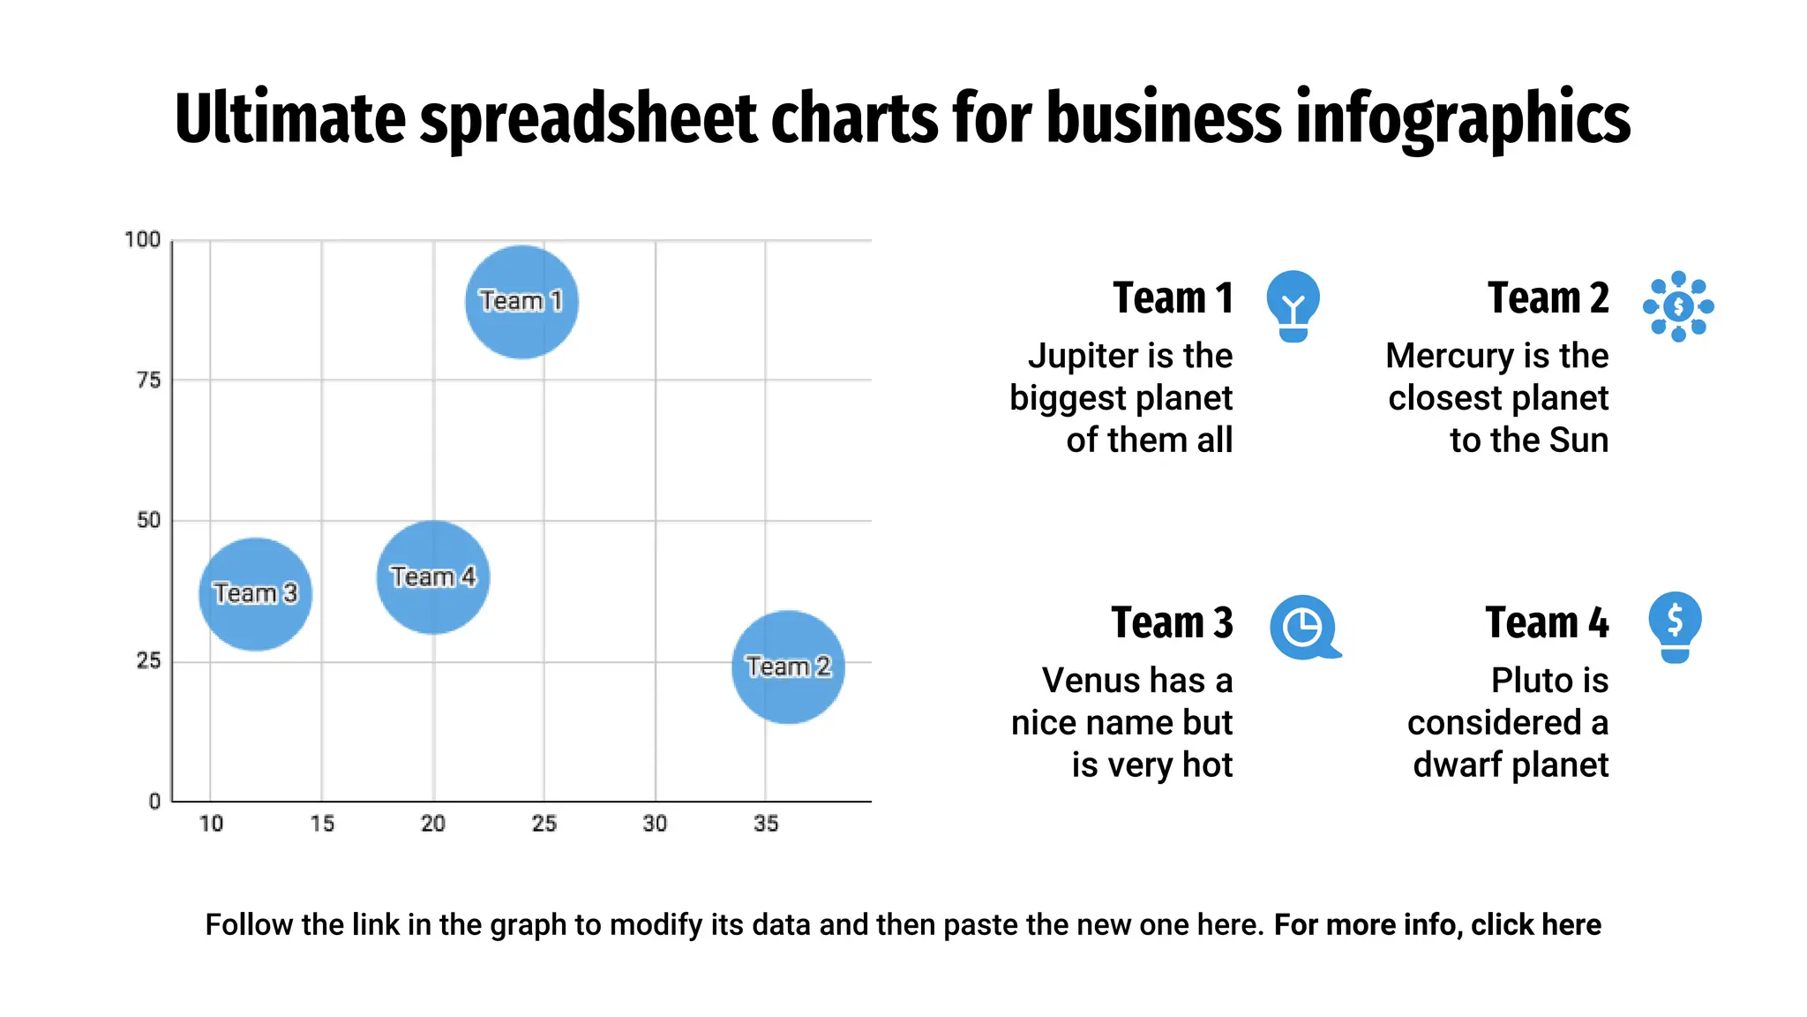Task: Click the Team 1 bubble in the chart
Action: pos(521,302)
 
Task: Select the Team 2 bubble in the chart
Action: pos(788,667)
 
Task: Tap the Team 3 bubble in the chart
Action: pos(255,594)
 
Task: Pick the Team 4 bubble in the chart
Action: pos(432,577)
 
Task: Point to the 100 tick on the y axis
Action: pos(142,240)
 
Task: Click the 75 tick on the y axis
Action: pos(148,380)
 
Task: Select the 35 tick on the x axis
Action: pos(766,824)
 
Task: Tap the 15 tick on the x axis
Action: pos(322,824)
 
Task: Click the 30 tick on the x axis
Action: pos(655,824)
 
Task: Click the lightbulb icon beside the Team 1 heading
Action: pos(1293,305)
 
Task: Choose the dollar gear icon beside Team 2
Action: pos(1678,306)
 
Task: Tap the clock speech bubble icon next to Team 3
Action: pos(1304,628)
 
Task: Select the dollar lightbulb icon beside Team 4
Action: pos(1675,626)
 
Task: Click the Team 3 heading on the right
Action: pos(1172,622)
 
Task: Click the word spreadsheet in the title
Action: pos(588,118)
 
